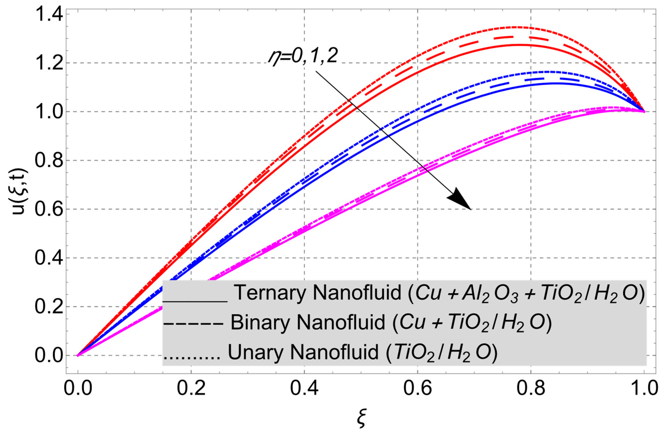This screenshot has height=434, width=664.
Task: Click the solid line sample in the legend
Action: pos(195,301)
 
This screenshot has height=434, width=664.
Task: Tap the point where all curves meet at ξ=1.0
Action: pos(644,112)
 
